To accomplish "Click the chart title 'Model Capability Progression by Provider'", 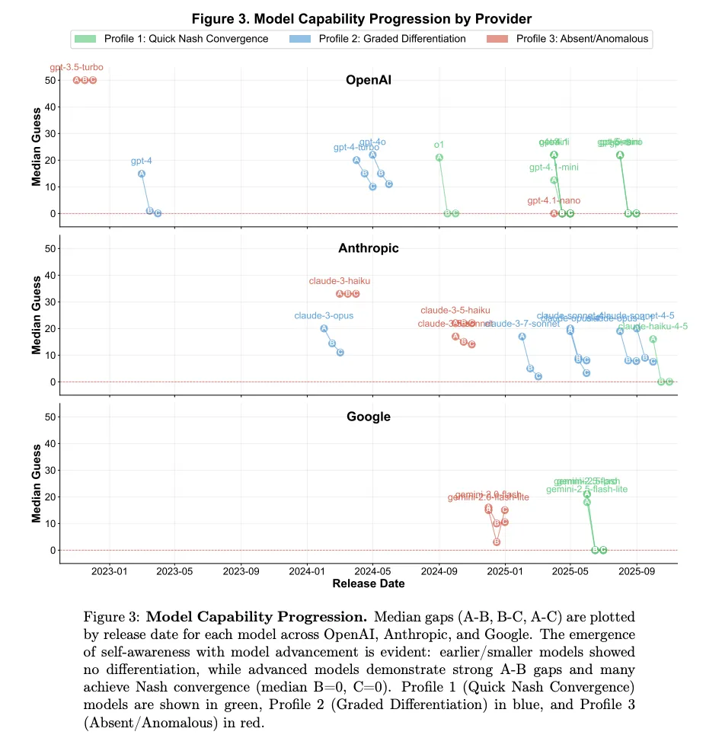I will point(361,18).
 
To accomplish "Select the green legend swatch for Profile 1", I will point(85,39).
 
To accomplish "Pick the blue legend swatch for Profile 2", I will point(301,39).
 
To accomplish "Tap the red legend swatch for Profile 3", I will point(498,39).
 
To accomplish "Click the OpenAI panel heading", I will point(368,80).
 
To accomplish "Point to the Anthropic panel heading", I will point(368,248).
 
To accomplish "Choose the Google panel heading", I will point(368,417).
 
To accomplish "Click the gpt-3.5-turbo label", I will point(76,68).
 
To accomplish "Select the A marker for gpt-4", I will point(142,174).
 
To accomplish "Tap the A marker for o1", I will point(439,158).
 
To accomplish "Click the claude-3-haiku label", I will point(340,281).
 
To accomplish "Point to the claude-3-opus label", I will point(324,315).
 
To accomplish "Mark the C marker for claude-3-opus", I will point(340,353).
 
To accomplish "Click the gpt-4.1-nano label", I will point(554,201).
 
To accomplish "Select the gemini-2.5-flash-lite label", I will point(586,489).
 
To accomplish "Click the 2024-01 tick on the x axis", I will point(308,572).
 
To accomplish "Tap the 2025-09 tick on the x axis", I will point(637,572).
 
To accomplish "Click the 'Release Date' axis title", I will point(369,584).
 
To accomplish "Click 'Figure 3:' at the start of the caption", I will point(112,616).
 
